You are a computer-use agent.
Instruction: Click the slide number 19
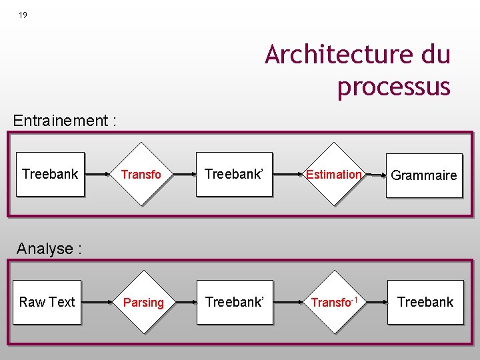click(23, 15)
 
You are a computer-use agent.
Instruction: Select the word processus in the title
click(393, 87)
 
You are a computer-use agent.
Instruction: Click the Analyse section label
click(49, 249)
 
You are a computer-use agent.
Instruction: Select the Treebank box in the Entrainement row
click(50, 174)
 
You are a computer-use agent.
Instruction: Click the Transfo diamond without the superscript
click(141, 175)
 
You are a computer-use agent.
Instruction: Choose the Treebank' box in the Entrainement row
click(234, 174)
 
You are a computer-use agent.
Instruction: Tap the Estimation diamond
click(333, 175)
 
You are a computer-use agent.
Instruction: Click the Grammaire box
click(424, 175)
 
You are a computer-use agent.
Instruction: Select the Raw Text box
click(47, 302)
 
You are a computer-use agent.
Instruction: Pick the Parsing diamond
click(143, 303)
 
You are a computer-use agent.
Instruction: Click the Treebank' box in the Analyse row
click(235, 302)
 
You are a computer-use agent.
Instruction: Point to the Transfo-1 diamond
click(334, 303)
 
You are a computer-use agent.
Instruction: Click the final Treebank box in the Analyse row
click(425, 302)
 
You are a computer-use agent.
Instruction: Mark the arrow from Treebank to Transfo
click(99, 174)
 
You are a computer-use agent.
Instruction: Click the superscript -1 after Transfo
click(355, 299)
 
